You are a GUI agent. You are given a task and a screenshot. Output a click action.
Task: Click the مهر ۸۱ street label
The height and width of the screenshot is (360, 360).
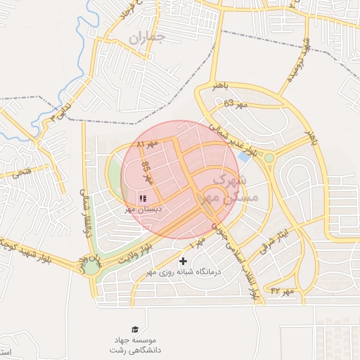(148, 143)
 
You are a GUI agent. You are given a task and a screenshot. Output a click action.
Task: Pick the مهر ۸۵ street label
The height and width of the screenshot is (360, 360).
(148, 173)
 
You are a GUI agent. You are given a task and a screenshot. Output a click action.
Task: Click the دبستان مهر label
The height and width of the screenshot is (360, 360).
(144, 210)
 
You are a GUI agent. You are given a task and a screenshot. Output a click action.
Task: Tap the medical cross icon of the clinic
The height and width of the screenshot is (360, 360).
(184, 262)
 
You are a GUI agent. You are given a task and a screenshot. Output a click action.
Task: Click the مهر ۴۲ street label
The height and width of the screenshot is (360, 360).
(284, 290)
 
